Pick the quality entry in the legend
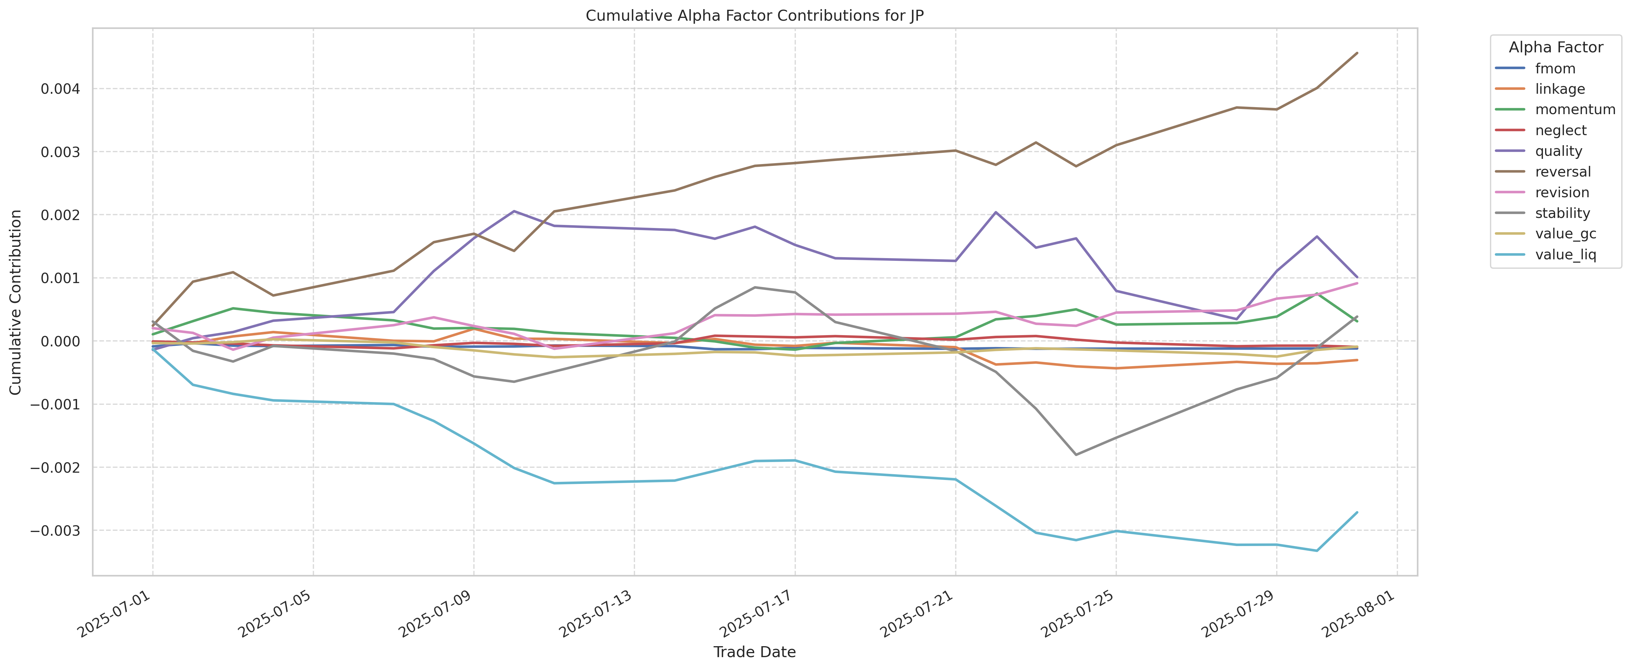point(1558,151)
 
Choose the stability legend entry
point(1562,213)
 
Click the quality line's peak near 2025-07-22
point(996,212)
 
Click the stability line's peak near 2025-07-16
point(755,287)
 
